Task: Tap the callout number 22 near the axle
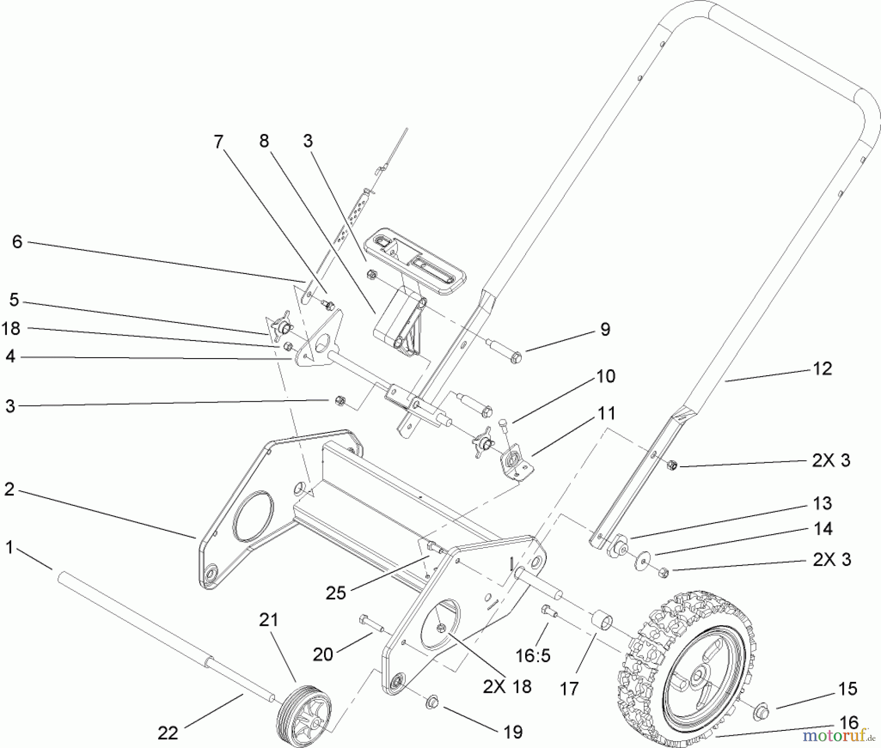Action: pyautogui.click(x=167, y=732)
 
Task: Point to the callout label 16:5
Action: pyautogui.click(x=533, y=654)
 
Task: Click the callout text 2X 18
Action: pyautogui.click(x=507, y=686)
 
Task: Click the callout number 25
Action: pyautogui.click(x=336, y=592)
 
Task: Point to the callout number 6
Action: pyautogui.click(x=18, y=241)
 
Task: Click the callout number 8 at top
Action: pyautogui.click(x=264, y=141)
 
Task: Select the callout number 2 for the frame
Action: pyautogui.click(x=9, y=489)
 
